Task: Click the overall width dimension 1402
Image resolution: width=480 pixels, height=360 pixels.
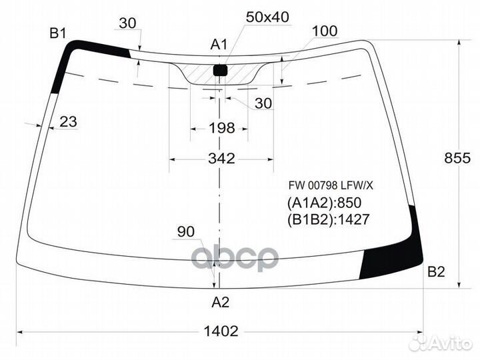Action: pos(221,331)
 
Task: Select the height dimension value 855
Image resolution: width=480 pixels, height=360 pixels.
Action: pos(457,158)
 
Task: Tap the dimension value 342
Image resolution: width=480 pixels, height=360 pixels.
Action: pos(221,158)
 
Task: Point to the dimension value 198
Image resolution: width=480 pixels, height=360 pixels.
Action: pos(221,127)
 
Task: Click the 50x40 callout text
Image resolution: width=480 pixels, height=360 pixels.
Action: pos(267,17)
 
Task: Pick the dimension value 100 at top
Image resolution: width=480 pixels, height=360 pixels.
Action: pos(325,31)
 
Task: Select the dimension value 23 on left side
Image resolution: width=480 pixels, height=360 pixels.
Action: pos(68,121)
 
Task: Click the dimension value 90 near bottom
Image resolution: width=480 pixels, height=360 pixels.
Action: pos(185,232)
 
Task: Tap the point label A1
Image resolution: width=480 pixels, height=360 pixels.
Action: pos(219,45)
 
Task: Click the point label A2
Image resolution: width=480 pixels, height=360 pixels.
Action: pos(221,303)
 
